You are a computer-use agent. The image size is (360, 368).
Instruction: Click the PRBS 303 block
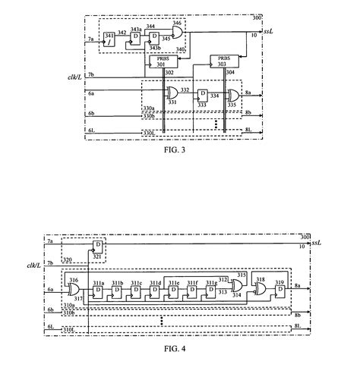point(225,61)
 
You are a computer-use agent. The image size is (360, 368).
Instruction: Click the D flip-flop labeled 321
point(97,247)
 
